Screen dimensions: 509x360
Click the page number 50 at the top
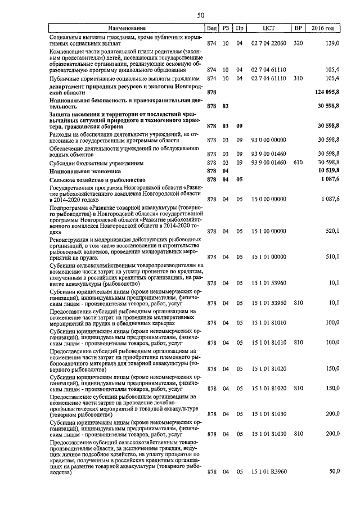tap(200, 15)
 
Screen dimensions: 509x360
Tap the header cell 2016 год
tap(325, 28)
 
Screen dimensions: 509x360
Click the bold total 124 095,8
tap(325, 91)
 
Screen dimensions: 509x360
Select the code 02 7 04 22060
tap(268, 43)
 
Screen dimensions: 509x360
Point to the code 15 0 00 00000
tap(268, 199)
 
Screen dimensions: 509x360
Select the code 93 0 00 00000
tap(268, 139)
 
